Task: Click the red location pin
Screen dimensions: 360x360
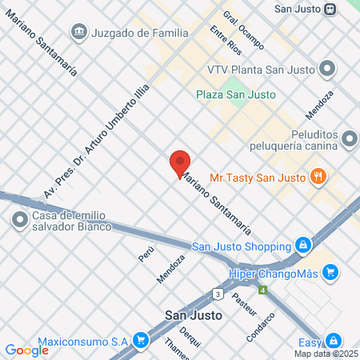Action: tap(180, 162)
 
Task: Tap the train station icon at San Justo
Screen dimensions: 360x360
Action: tap(330, 9)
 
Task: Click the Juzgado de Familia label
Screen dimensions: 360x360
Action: tap(140, 33)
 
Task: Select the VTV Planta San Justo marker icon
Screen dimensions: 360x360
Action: tap(326, 69)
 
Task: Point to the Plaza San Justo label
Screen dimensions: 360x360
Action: tap(236, 94)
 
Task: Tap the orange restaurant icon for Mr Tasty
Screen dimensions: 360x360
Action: tap(318, 177)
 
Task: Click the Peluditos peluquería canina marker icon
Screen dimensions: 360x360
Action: tap(349, 140)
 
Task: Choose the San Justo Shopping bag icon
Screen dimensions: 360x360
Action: tap(302, 245)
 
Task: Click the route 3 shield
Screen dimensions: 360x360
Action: tap(218, 294)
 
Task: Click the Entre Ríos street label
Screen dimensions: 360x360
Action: tap(225, 40)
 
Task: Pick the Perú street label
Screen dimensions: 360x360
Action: tap(146, 254)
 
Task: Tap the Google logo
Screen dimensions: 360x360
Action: tap(26, 350)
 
